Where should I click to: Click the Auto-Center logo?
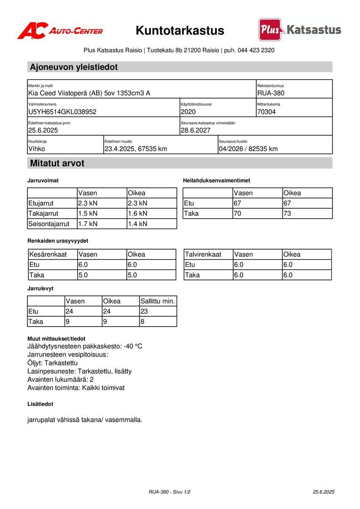tap(60, 31)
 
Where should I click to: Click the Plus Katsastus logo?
tap(300, 30)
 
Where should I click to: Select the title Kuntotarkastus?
tap(180, 31)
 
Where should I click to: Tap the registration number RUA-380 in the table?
tap(271, 93)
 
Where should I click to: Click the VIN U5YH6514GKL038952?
tap(62, 112)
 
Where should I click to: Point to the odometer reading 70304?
tap(267, 112)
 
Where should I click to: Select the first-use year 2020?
tap(188, 112)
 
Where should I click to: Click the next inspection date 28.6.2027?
tap(196, 131)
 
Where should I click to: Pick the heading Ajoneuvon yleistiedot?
tap(74, 67)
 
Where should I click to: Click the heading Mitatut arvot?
tap(57, 164)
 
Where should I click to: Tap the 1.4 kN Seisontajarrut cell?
tap(138, 224)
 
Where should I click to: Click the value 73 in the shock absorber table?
tap(287, 213)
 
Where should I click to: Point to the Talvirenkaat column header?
tap(203, 254)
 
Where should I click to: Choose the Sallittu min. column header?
tap(158, 301)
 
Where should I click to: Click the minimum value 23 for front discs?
tap(145, 312)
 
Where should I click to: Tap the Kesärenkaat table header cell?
tap(48, 254)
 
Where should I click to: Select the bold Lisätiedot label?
tap(40, 404)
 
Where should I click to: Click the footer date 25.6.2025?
tap(323, 492)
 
